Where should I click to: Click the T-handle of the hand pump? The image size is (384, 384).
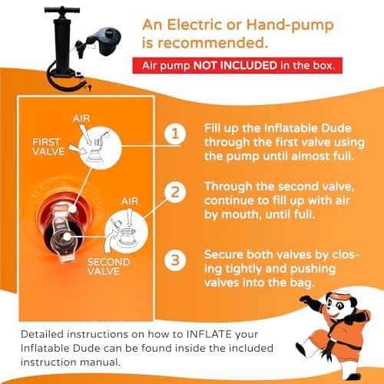(62, 10)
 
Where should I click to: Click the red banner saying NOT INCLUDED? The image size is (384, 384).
(237, 65)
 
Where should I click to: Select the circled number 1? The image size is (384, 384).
(175, 134)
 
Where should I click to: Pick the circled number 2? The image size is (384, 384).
(175, 192)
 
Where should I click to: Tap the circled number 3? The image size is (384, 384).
(175, 260)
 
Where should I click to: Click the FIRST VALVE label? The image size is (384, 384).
(48, 147)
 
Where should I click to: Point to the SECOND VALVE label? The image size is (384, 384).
(108, 266)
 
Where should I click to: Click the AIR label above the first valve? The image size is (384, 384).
(81, 118)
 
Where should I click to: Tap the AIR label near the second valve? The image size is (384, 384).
(130, 201)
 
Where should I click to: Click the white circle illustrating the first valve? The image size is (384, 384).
(100, 148)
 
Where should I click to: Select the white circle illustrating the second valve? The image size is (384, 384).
(127, 232)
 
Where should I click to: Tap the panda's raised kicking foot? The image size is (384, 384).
(300, 347)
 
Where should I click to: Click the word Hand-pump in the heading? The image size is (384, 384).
(290, 25)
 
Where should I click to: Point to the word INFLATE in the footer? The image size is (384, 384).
(209, 334)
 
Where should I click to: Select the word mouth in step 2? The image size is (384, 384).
(240, 214)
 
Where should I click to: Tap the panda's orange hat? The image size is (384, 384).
(336, 294)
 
